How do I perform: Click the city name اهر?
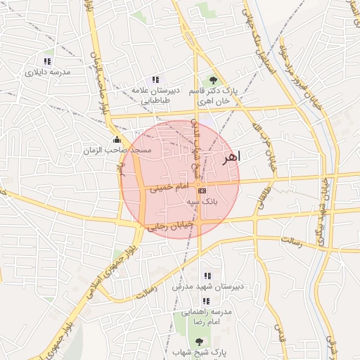pyautogui.click(x=230, y=157)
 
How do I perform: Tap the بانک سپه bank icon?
pyautogui.click(x=202, y=191)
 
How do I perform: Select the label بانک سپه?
pyautogui.click(x=202, y=201)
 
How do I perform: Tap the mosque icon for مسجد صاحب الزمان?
pyautogui.click(x=117, y=139)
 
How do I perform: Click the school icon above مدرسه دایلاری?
pyautogui.click(x=48, y=61)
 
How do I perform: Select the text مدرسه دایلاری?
pyautogui.click(x=48, y=72)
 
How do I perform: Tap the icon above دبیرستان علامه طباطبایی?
pyautogui.click(x=155, y=79)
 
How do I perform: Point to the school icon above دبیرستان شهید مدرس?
pyautogui.click(x=207, y=276)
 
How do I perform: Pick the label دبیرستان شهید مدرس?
pyautogui.click(x=207, y=287)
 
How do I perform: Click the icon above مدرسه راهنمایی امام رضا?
pyautogui.click(x=207, y=299)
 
